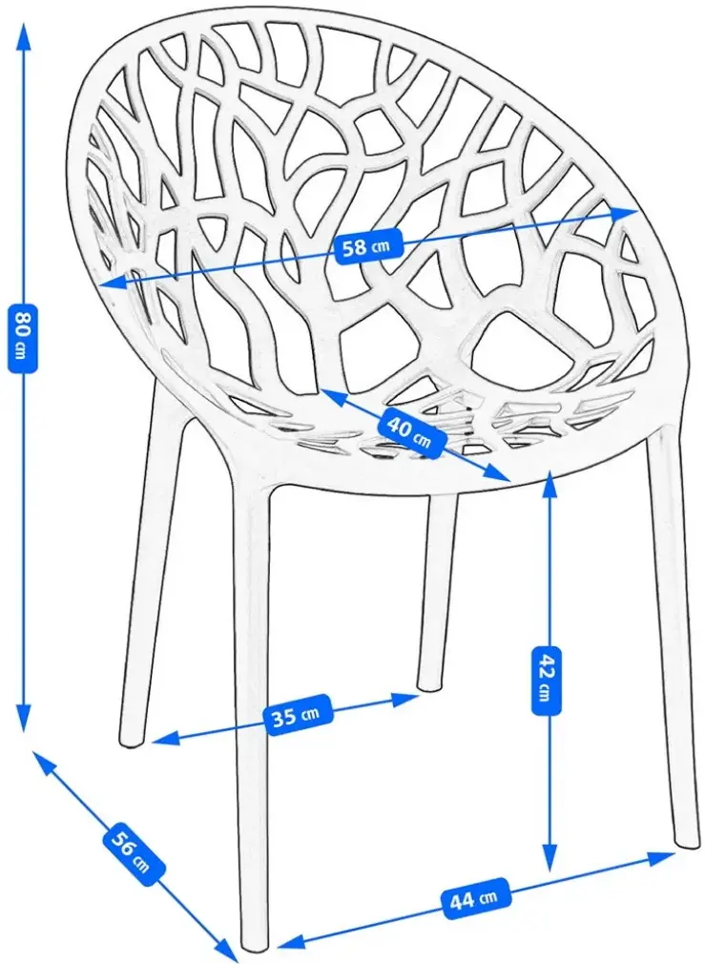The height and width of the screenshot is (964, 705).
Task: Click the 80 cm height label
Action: coord(22,338)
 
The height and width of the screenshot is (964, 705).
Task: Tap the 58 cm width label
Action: coord(365,246)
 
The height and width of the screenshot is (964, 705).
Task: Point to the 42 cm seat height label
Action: coord(546,680)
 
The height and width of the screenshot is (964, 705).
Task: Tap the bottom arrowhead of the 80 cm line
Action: coord(23,720)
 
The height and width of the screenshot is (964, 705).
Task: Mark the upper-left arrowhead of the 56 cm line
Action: coord(43,761)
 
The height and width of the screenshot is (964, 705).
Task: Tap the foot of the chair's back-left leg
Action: coord(131,742)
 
